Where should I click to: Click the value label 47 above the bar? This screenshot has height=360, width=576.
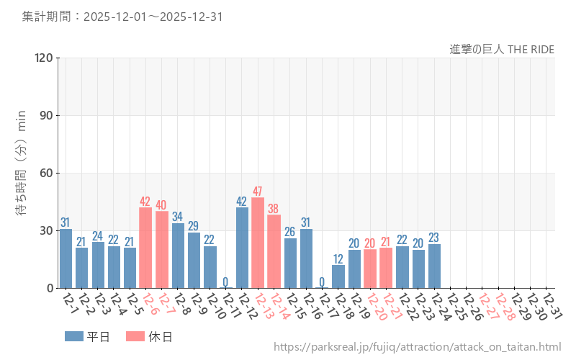[x=258, y=192]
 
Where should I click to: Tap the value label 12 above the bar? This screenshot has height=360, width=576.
[x=338, y=258]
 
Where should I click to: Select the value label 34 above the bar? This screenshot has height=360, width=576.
[x=178, y=217]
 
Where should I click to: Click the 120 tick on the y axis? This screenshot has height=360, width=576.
[x=44, y=58]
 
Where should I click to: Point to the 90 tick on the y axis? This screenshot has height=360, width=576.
[x=47, y=116]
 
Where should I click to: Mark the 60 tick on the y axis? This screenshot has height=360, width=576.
[x=47, y=174]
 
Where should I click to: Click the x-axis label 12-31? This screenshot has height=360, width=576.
[x=552, y=307]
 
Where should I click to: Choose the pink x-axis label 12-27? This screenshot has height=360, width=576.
[x=487, y=307]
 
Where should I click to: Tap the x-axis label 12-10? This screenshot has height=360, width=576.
[x=215, y=307]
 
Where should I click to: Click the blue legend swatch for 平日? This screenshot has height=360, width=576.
[x=74, y=336]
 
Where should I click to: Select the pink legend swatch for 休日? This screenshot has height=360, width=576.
[x=135, y=336]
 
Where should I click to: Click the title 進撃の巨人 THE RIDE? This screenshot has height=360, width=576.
[x=502, y=49]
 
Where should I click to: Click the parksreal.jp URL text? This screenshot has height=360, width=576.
[x=417, y=347]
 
